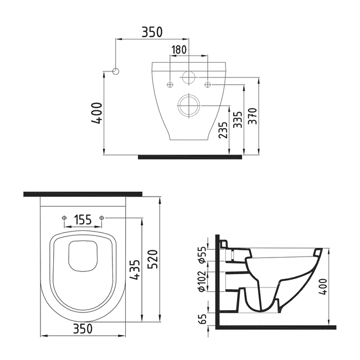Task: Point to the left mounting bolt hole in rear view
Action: point(170,84)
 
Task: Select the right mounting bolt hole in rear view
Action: point(208,84)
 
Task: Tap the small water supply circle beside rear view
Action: point(116,71)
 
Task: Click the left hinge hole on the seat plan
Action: point(64,218)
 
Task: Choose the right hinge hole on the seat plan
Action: point(102,218)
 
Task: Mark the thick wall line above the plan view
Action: point(83,194)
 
